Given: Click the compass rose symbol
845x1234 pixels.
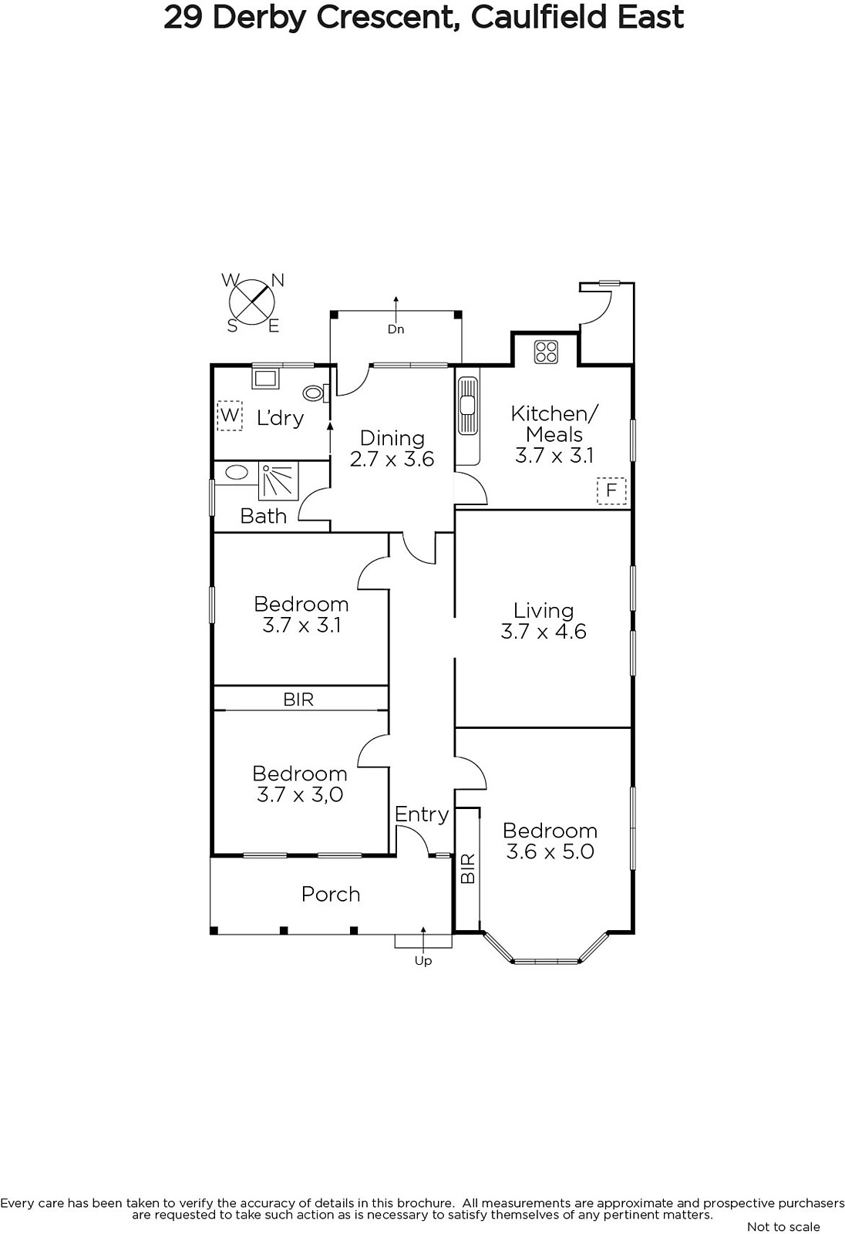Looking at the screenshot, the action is [x=253, y=302].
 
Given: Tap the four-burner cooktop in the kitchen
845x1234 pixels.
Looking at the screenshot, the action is [x=546, y=352].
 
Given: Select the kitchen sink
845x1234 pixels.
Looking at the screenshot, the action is [x=468, y=406].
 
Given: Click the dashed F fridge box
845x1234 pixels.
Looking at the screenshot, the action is [x=611, y=491].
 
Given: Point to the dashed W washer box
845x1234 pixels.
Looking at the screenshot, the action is [x=230, y=415].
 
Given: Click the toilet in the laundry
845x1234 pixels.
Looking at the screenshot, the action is [x=315, y=393].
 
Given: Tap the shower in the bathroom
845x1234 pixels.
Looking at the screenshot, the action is [x=279, y=481].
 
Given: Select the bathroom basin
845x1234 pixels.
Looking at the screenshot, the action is [x=237, y=473].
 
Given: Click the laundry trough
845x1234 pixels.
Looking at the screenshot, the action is [x=265, y=379].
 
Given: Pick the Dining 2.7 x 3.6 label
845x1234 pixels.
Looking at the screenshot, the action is [x=392, y=448].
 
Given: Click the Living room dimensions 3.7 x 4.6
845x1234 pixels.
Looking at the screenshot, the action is [x=543, y=632].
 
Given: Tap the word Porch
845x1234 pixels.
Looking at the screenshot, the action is [x=331, y=894].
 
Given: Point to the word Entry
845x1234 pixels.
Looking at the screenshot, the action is [x=422, y=814].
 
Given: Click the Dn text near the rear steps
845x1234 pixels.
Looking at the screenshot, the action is [x=396, y=329].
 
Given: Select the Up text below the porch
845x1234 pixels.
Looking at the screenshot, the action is [x=423, y=961].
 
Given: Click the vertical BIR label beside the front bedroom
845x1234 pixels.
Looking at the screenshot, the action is [x=468, y=868].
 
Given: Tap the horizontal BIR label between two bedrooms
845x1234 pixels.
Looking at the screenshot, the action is [x=298, y=700].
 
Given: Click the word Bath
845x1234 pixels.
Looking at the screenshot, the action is [x=264, y=516].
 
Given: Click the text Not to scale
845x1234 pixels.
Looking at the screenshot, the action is [x=783, y=1226].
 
